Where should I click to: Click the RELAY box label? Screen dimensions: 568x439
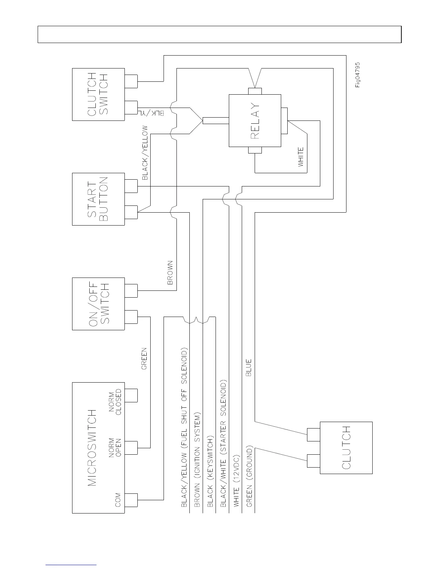click(255, 121)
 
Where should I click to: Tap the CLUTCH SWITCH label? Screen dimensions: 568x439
click(98, 94)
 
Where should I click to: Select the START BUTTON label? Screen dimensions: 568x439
click(98, 199)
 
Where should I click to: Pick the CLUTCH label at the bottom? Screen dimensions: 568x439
click(346, 448)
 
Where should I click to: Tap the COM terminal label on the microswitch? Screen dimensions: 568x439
click(118, 500)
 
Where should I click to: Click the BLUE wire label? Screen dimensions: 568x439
click(249, 367)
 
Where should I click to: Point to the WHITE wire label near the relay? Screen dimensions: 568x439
click(301, 157)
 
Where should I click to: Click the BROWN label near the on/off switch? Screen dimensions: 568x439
click(170, 273)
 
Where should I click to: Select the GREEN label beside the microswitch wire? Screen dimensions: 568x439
click(144, 359)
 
